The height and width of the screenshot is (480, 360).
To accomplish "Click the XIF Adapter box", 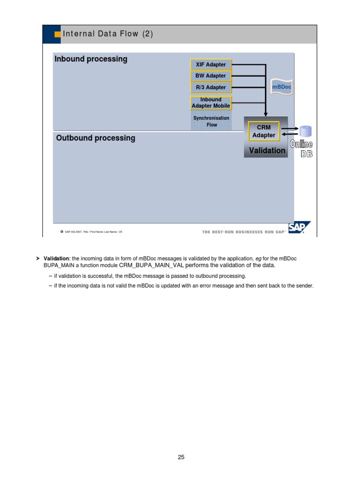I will tap(210, 64).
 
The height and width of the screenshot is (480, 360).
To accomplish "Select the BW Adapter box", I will tap(210, 75).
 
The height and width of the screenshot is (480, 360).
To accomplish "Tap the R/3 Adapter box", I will tap(210, 87).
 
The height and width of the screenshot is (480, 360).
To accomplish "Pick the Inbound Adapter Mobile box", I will tap(211, 103).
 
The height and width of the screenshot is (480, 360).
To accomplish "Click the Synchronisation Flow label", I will tap(212, 121).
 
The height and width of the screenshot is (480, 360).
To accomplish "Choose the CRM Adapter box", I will tap(263, 131).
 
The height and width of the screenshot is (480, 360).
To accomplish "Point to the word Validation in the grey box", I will tap(267, 150).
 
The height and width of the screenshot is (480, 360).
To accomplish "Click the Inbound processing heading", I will tap(91, 59).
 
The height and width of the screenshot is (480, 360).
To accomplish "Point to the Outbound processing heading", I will tap(96, 138).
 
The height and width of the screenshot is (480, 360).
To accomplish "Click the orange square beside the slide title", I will tap(58, 34).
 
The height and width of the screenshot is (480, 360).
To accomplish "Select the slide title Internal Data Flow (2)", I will tap(108, 34).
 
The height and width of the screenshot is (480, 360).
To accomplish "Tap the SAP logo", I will tap(298, 228).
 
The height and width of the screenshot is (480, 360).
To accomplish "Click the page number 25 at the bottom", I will tap(181, 457).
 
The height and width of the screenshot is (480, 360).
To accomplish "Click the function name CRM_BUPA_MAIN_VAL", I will tap(151, 265).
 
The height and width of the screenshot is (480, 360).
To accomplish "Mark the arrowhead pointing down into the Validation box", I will tap(265, 113).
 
